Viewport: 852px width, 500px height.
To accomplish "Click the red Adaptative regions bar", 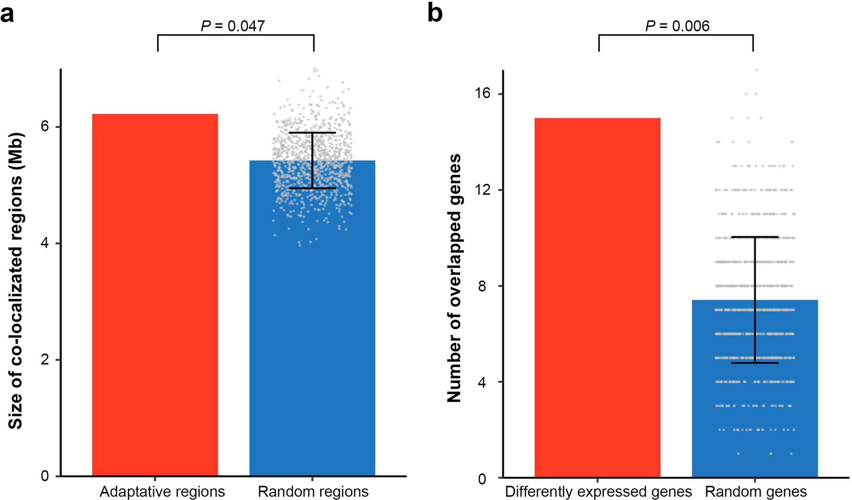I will coord(155,295).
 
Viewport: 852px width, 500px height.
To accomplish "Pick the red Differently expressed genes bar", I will coord(597,297).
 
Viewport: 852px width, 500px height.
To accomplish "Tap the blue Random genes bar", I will coord(755,402).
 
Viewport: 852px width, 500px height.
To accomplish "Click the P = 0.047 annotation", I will coord(233,26).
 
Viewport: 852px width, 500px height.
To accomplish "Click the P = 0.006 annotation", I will coord(677,26).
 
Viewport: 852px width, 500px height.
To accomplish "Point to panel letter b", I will coord(434,13).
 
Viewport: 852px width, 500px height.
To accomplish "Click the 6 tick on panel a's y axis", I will coord(45,127).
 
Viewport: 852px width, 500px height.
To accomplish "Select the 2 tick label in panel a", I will coord(45,359).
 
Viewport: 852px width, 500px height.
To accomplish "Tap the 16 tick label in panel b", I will coord(483,94).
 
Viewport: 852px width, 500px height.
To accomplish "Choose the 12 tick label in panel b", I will coord(483,190).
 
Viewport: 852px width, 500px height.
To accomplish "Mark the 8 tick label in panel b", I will coord(482,286).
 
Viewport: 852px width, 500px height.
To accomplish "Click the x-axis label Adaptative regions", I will coord(162,492).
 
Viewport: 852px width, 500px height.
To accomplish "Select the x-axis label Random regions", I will coord(313,492).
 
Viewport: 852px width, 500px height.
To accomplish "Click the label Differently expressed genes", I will coord(598,492).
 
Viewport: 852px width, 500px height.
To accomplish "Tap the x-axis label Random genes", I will coord(756,492).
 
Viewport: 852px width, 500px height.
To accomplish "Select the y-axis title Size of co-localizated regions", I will coord(16,281).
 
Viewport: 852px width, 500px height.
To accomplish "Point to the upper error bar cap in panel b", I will coord(755,237).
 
